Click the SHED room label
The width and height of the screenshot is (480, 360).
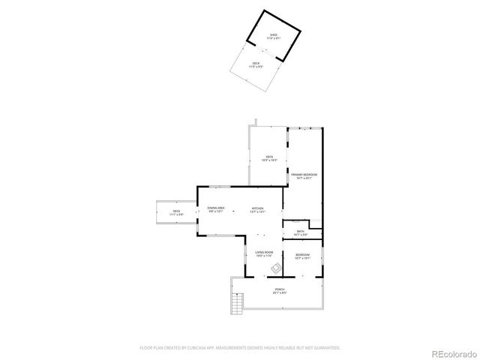click(x=274, y=34)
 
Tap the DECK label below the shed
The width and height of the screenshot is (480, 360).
click(x=256, y=63)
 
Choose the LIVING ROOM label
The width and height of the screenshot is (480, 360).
click(x=264, y=252)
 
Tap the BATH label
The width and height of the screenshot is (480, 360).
click(x=300, y=231)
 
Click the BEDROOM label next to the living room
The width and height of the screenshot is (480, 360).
click(x=302, y=255)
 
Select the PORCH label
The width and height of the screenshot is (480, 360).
click(x=279, y=290)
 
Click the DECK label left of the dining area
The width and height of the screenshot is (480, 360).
click(x=177, y=211)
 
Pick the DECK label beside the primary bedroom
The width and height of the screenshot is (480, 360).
click(x=269, y=156)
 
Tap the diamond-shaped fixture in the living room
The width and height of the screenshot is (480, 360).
click(x=276, y=267)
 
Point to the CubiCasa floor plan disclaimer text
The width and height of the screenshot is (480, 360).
click(x=240, y=348)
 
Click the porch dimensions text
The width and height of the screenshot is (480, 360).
click(x=279, y=293)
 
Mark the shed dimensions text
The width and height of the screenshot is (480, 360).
click(x=274, y=38)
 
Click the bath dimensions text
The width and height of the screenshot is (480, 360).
click(x=300, y=235)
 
